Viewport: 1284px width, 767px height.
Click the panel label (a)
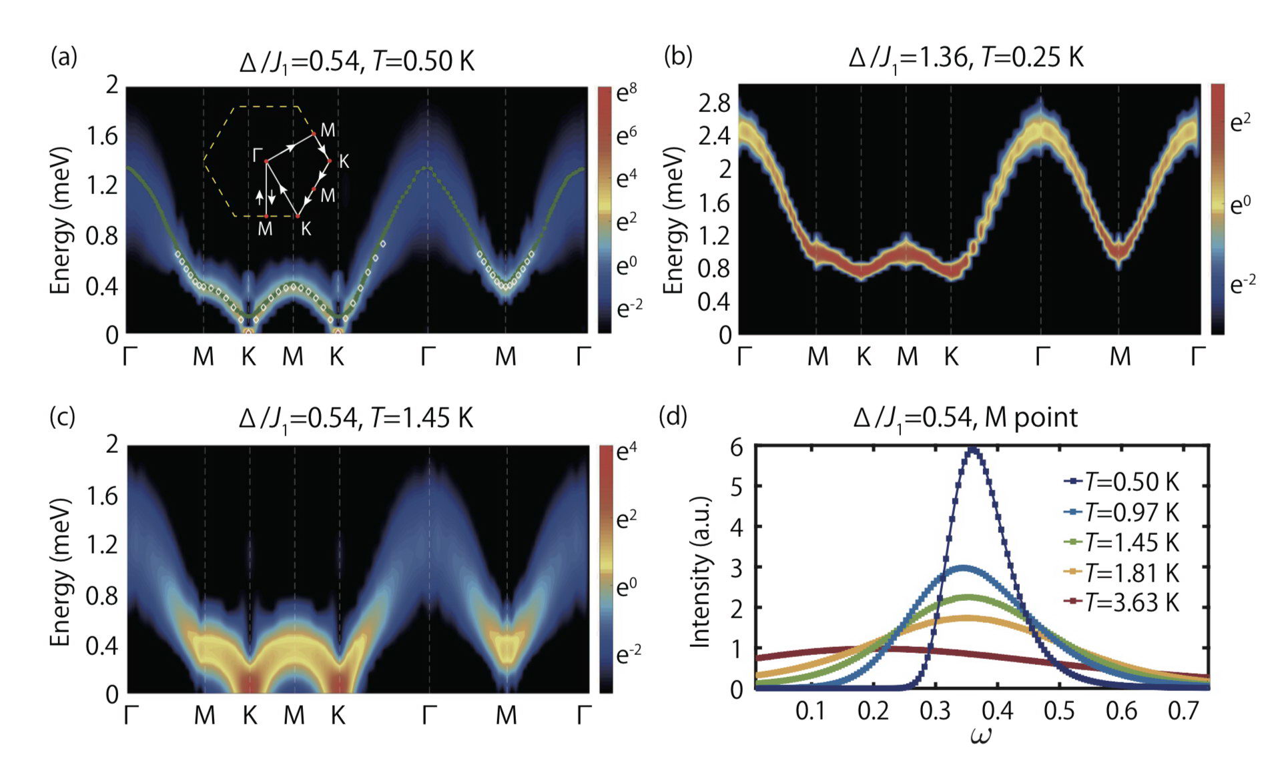click(x=64, y=57)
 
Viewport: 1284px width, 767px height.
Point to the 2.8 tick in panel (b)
click(x=714, y=103)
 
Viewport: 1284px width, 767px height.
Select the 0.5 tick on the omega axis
click(x=1059, y=712)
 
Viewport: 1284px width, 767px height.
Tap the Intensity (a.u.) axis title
click(x=699, y=572)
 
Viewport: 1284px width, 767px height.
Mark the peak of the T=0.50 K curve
click(x=972, y=450)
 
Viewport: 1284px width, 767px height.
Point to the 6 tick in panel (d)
click(x=736, y=448)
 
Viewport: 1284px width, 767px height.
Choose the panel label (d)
click(x=673, y=416)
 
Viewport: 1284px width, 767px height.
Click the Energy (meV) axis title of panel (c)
click(x=60, y=572)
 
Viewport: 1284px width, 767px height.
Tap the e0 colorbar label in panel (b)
click(x=1240, y=204)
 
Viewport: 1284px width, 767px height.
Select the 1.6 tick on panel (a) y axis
click(x=102, y=136)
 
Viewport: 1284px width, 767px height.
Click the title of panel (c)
click(x=356, y=419)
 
